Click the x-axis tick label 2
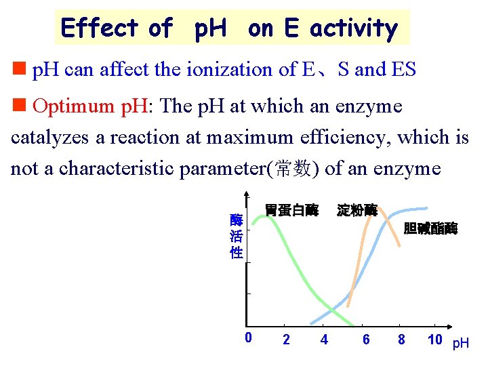click(286, 340)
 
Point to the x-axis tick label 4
click(324, 340)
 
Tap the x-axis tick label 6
click(367, 340)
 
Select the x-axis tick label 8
click(401, 340)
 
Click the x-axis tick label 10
click(435, 340)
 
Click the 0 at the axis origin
click(249, 338)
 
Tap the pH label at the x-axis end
click(461, 344)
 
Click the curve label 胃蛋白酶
click(291, 210)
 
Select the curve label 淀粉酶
click(357, 210)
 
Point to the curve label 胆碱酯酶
click(430, 228)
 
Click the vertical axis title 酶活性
click(236, 236)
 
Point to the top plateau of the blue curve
click(415, 208)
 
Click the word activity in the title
click(354, 28)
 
